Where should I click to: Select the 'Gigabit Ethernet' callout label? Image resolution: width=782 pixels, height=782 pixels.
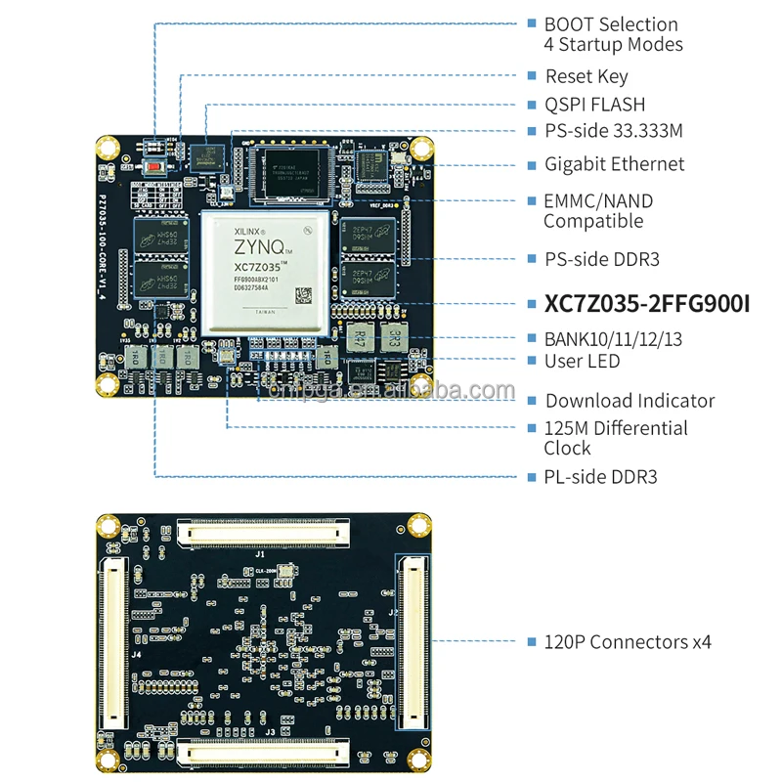[614, 164]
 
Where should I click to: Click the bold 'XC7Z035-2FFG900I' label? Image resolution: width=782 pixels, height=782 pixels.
[646, 304]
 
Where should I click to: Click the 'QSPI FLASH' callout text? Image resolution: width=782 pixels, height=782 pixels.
[594, 105]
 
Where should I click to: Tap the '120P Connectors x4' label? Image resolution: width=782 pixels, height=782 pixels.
[628, 642]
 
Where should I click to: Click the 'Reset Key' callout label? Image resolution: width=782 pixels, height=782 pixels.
[586, 76]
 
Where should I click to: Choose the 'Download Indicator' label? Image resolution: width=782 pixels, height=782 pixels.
[630, 401]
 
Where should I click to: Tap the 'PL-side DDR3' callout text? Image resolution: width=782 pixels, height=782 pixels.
[600, 477]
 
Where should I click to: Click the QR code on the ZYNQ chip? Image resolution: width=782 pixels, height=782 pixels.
[306, 293]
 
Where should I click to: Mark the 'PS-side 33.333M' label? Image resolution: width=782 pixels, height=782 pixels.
[613, 131]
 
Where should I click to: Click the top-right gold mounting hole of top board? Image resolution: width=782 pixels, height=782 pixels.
[421, 149]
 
